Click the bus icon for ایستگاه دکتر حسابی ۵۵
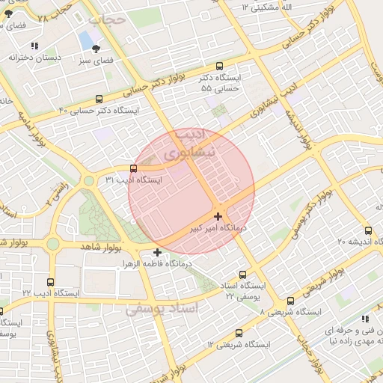coord(218,66)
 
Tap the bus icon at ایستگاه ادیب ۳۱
coord(133,168)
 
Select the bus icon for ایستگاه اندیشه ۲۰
coord(367,230)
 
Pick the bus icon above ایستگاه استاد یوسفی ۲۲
coord(242,275)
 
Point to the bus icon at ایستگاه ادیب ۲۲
coord(50,283)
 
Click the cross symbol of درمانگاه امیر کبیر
coord(218,216)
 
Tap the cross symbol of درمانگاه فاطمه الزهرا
coord(157,252)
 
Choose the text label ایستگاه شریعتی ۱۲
coord(233,344)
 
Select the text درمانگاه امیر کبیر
coord(241,226)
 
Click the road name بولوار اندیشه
coord(295,124)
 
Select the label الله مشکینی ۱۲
coord(277,6)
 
